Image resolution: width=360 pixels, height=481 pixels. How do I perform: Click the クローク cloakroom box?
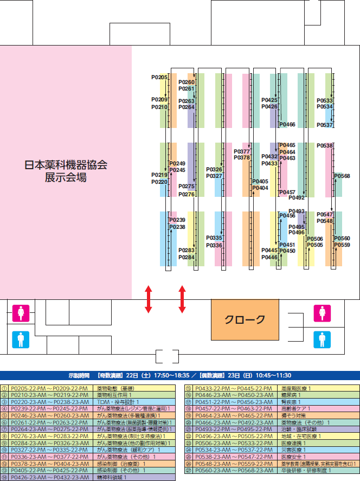point(245,319)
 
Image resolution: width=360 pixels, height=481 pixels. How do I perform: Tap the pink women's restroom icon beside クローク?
point(322,313)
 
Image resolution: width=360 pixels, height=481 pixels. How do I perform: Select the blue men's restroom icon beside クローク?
point(322,339)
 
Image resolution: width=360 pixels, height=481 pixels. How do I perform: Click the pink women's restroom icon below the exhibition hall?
point(21,313)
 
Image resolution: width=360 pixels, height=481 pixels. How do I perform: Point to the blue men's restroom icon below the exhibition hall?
point(21,339)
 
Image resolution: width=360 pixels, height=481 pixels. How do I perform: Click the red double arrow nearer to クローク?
point(182,299)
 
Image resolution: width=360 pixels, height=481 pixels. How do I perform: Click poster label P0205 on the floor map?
point(159,78)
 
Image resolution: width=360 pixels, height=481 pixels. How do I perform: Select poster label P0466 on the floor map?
point(287,125)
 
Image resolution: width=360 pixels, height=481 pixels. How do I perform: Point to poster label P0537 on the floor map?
point(325,125)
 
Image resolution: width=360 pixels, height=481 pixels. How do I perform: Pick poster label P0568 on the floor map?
point(342,176)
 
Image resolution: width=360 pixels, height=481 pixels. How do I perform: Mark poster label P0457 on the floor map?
point(287,193)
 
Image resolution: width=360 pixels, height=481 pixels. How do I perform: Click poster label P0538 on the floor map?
point(324,146)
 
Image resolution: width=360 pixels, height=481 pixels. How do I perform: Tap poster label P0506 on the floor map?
point(315,239)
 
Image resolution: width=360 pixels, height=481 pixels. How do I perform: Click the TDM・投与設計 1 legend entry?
point(119,402)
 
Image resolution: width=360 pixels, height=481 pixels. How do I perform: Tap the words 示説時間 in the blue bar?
point(80,375)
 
